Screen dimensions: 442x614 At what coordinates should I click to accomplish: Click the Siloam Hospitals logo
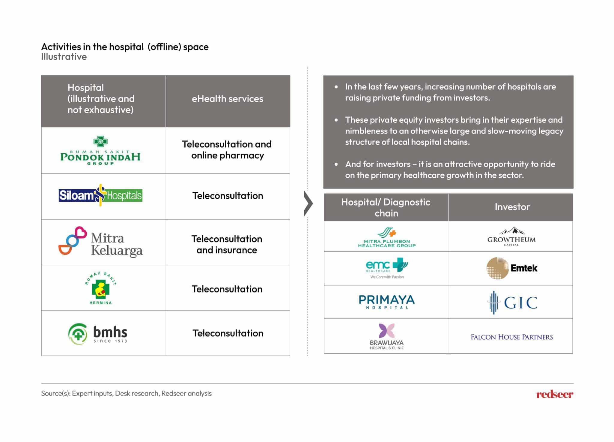(100, 195)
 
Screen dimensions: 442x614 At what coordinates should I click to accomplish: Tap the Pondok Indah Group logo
(100, 151)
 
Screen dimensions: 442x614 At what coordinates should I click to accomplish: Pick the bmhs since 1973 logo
(98, 334)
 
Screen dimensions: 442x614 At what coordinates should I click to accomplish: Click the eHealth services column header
(228, 99)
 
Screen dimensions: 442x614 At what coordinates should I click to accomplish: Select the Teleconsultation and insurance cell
(227, 244)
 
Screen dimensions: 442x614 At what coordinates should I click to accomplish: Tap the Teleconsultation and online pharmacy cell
(227, 150)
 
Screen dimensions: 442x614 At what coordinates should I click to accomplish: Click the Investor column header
(512, 207)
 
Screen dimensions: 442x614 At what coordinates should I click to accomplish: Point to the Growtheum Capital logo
(511, 236)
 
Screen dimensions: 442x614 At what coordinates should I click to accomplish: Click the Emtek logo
(512, 268)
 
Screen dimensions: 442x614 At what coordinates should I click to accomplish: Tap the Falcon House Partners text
(512, 337)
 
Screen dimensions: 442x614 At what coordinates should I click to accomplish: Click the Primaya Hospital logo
(387, 302)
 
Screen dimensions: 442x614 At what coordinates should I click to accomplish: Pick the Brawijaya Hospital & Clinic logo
(387, 336)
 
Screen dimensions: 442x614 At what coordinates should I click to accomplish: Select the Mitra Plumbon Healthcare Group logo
(387, 238)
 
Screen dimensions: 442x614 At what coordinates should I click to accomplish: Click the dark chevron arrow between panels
(308, 203)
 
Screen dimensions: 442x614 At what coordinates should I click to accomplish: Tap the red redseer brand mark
(555, 394)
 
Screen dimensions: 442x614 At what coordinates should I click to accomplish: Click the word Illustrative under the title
(64, 57)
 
